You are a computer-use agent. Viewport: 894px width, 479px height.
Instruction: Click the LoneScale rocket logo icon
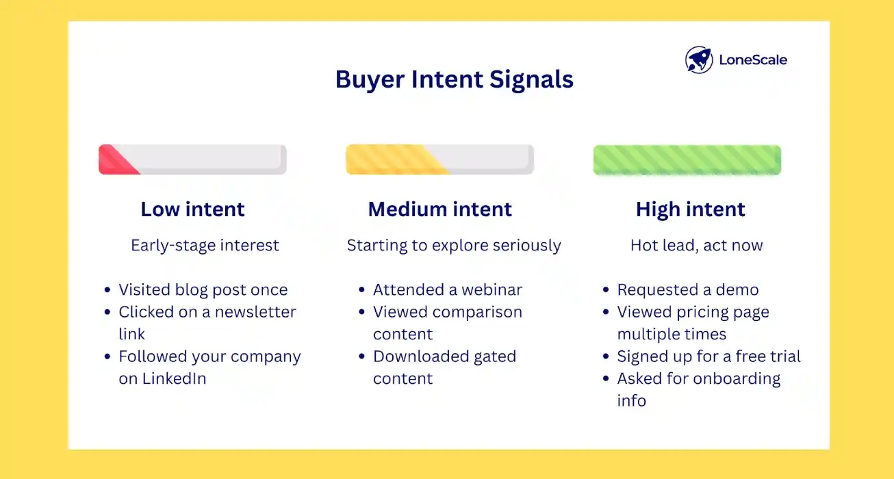tap(699, 60)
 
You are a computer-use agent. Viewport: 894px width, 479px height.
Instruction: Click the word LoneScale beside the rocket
tap(752, 60)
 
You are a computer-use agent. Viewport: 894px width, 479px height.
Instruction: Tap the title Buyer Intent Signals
tap(454, 80)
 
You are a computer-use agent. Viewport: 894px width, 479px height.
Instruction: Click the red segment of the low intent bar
tap(114, 160)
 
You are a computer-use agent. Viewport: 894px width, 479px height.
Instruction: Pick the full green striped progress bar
tap(687, 160)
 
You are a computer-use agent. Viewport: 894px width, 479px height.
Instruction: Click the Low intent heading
tap(192, 209)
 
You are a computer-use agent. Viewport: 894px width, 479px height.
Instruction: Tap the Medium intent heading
tap(439, 209)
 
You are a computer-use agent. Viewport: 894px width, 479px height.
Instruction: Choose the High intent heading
tap(690, 209)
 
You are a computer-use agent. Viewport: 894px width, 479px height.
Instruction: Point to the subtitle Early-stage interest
tap(205, 246)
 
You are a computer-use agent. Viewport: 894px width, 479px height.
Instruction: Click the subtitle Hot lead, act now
tap(696, 246)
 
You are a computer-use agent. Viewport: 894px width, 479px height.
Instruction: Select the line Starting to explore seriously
tap(453, 246)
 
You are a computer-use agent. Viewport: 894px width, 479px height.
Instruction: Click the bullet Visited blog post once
tap(203, 289)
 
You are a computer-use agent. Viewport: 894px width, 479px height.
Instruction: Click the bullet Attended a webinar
tap(447, 289)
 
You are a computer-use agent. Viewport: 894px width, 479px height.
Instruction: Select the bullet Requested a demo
tap(687, 289)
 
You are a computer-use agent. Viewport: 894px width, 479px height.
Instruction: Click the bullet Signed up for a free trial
tap(708, 357)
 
